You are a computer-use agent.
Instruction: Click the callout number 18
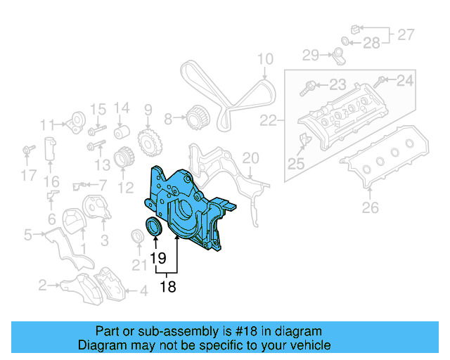pyautogui.click(x=167, y=286)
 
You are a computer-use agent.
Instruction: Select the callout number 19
pyautogui.click(x=157, y=258)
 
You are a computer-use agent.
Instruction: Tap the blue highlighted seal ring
pyautogui.click(x=153, y=229)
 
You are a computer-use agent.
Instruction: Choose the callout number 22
pyautogui.click(x=268, y=121)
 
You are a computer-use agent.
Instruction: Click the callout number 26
pyautogui.click(x=370, y=207)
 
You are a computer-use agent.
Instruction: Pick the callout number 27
pyautogui.click(x=406, y=34)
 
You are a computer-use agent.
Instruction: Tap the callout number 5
pyautogui.click(x=27, y=234)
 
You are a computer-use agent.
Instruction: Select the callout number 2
pyautogui.click(x=42, y=285)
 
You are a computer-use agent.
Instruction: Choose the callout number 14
pyautogui.click(x=122, y=108)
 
